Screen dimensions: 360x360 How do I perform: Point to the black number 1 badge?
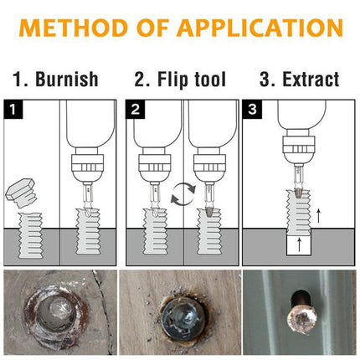coord(12,109)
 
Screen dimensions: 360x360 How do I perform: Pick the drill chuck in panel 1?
coord(86,162)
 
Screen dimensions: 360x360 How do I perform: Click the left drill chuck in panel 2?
coord(153,162)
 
